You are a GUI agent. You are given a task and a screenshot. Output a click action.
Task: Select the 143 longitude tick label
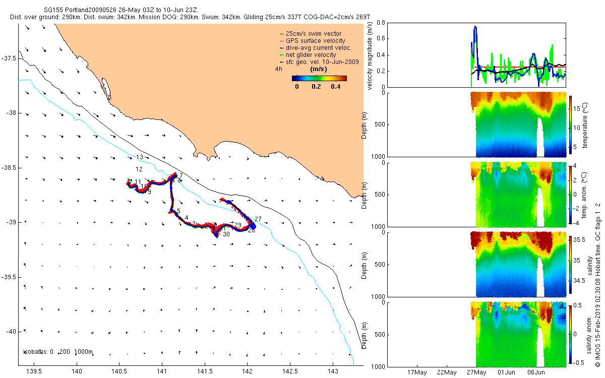tap(333, 372)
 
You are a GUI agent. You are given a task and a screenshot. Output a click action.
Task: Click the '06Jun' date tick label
tap(536, 373)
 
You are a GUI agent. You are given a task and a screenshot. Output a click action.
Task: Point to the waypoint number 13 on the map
tap(140, 157)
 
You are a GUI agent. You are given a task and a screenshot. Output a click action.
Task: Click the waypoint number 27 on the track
tap(258, 219)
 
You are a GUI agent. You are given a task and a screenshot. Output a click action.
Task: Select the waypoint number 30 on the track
tap(226, 234)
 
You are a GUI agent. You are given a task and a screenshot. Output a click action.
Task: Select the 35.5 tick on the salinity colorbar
tap(580, 240)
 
